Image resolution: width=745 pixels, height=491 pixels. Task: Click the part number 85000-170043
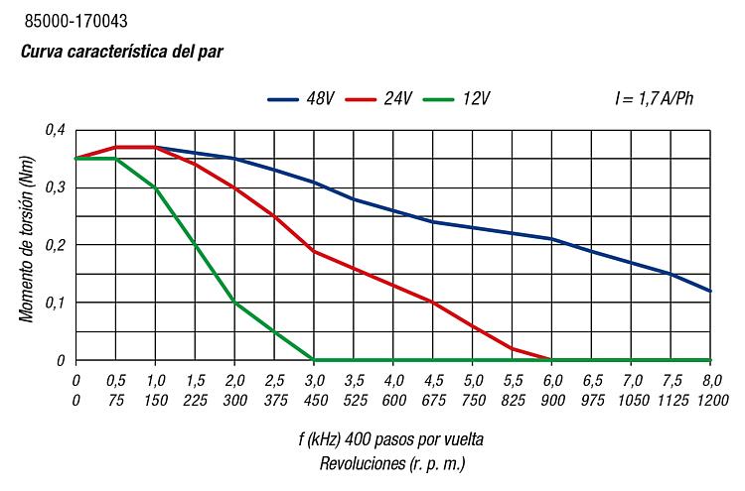pos(75,20)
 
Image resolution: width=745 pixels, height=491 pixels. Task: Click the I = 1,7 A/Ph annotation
pos(655,99)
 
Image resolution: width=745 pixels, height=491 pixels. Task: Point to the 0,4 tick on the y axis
pos(56,130)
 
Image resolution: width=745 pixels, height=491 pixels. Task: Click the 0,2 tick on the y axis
pos(56,245)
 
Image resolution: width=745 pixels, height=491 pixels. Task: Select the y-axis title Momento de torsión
pos(27,244)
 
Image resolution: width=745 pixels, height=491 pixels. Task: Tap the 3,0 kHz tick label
pos(314,380)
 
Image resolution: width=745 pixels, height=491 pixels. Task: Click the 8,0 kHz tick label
pos(711,380)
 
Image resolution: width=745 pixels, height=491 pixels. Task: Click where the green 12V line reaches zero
pos(314,360)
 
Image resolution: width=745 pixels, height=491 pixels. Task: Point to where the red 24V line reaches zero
pos(552,360)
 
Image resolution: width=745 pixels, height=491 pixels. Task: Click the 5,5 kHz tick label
pos(513,380)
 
